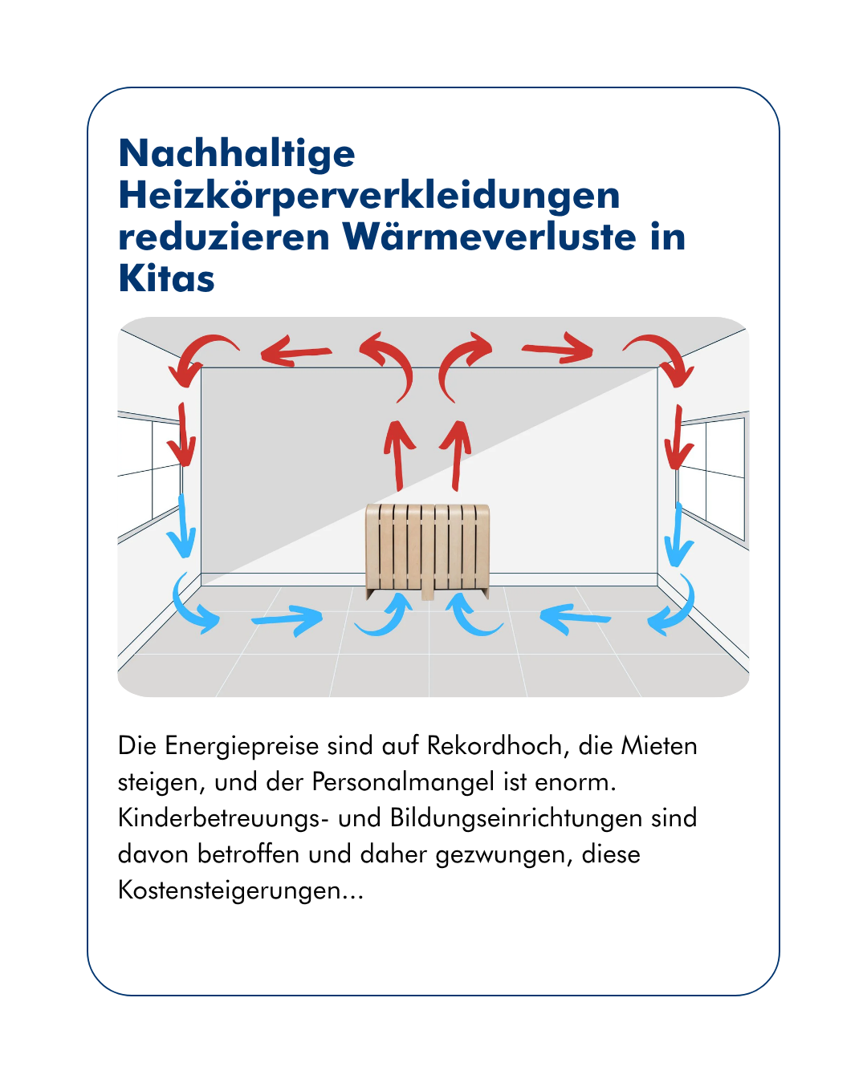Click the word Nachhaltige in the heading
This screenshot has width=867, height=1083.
(x=237, y=153)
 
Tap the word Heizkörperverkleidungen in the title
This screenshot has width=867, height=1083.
(x=369, y=195)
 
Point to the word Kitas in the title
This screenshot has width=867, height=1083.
(x=166, y=278)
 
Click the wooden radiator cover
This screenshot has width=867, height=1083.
(x=427, y=549)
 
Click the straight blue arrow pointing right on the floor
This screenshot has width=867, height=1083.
(x=287, y=619)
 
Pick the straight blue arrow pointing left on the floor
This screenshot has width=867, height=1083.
(x=575, y=617)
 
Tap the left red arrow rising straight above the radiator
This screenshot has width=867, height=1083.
(x=397, y=454)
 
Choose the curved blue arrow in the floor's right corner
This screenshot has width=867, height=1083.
(x=674, y=610)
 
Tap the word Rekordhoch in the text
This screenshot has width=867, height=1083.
(x=494, y=746)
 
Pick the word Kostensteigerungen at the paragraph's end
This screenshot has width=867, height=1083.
(x=241, y=890)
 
